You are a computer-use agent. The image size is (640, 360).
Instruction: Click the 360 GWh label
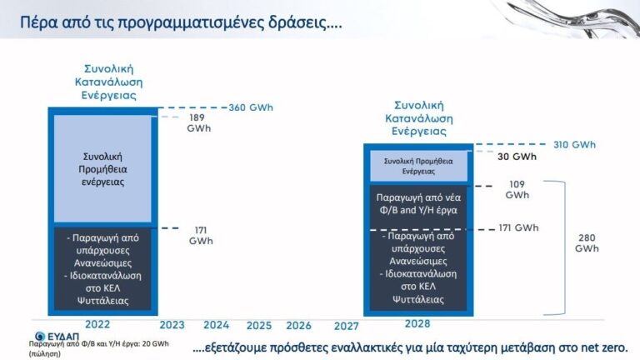click(251, 107)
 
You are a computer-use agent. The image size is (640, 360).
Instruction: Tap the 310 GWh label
click(574, 144)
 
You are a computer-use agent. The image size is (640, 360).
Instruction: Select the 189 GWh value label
click(199, 122)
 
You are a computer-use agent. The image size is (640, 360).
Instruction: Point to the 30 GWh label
click(517, 157)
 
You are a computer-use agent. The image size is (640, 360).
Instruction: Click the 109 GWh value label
click(517, 190)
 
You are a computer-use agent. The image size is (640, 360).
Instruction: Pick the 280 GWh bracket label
click(587, 243)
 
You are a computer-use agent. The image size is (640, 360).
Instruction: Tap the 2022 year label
click(97, 324)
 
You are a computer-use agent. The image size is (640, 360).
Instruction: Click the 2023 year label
click(172, 325)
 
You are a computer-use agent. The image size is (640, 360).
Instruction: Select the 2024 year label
click(217, 325)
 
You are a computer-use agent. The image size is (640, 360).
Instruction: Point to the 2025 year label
click(259, 326)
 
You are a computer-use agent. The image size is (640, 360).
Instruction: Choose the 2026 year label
click(298, 326)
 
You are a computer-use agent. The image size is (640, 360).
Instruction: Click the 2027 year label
click(346, 326)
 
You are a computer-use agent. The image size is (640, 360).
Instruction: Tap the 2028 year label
click(417, 324)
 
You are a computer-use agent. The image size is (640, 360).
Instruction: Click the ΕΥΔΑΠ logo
click(57, 337)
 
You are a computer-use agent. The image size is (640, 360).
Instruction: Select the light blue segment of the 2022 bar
click(102, 169)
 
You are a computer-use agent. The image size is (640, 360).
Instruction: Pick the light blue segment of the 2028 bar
click(418, 166)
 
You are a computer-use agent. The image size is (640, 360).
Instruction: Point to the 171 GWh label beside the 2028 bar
click(518, 227)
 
